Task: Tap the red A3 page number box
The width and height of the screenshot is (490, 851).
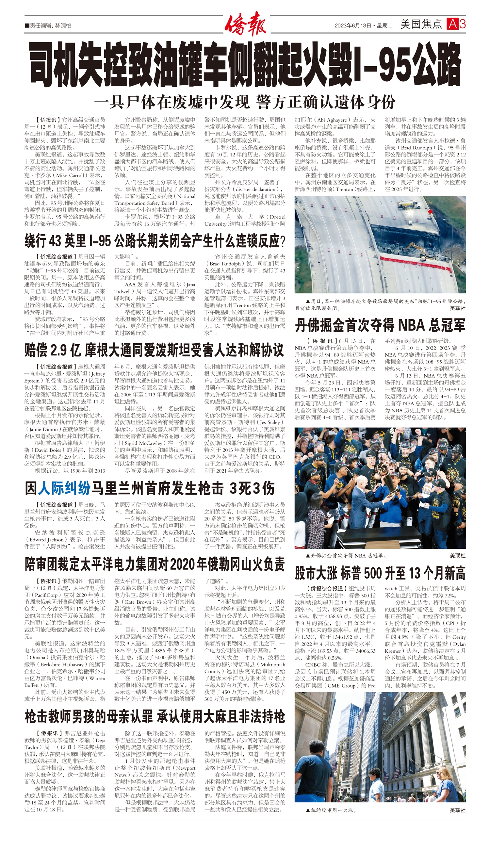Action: (456, 24)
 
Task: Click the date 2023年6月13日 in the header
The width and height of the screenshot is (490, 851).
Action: (352, 25)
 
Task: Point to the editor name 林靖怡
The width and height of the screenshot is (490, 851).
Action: (63, 25)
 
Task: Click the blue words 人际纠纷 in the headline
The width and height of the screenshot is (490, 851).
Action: (64, 488)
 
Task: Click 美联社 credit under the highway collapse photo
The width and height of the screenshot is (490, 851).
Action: (457, 308)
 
